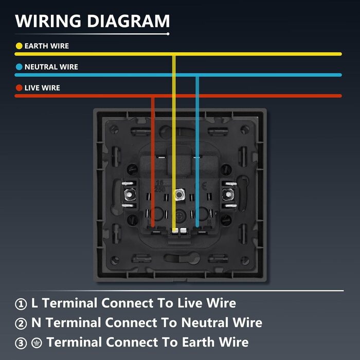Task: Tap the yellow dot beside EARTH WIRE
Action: (x=19, y=46)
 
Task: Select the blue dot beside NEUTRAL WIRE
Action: (x=19, y=67)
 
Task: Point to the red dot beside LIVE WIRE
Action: (x=19, y=88)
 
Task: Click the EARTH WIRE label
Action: (x=46, y=46)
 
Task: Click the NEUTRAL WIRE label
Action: (x=51, y=67)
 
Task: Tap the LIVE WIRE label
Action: (x=42, y=88)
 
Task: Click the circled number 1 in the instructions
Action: (x=21, y=304)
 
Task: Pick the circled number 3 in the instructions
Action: (x=21, y=343)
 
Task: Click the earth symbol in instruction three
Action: (x=37, y=343)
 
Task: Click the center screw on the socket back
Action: (x=180, y=195)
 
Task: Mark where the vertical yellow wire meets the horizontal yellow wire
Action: (x=174, y=53)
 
